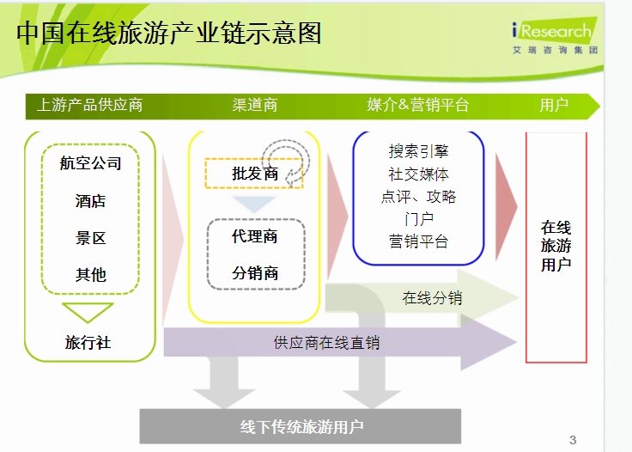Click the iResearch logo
pos(555,36)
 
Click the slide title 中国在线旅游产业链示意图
pos(169,33)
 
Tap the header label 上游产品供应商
pos(89,105)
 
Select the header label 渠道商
pos(255,105)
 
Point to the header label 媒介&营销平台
pos(417,105)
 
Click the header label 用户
pos(554,105)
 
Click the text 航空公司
pos(90,163)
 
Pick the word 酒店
pos(90,201)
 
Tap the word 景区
pos(90,238)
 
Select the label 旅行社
pos(88,342)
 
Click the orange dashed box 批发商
pos(254,174)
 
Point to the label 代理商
pos(254,236)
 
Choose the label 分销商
pos(255,273)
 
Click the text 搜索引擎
pos(418,151)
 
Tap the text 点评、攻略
pos(418,197)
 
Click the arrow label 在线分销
pos(432,298)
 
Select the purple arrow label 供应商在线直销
pos(326,343)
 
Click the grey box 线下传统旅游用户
pos(301,426)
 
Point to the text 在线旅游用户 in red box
pos(556,246)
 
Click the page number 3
pos(573,440)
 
